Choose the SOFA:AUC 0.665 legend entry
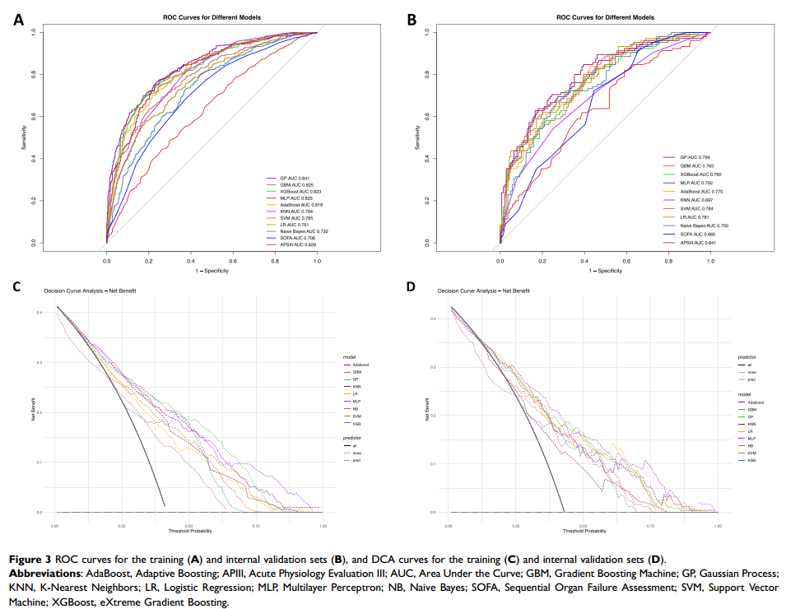683,235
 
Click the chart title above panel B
606,16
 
